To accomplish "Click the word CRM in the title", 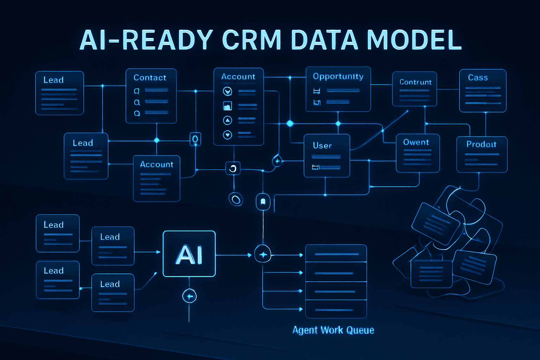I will coord(252,40).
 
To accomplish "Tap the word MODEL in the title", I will coord(414,40).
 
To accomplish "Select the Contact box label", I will coord(150,78).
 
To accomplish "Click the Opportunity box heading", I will coord(338,77).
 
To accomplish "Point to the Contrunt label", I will coord(415,82).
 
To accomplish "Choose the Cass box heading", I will coord(478,78).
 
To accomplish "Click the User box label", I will coord(322,146).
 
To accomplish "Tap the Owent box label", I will coord(416,142).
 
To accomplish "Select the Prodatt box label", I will coord(481,144).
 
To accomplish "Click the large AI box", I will coord(189,254).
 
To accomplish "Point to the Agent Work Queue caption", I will coord(333,330).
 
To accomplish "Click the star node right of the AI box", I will coord(263,255).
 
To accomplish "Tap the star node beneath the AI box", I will coord(189,296).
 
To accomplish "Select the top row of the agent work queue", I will coord(336,253).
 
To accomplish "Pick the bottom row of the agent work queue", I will coord(336,309).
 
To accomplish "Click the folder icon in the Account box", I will coord(227,105).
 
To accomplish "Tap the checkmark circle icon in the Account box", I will coord(227,92).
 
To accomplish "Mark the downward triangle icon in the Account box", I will coord(227,135).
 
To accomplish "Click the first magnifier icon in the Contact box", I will coord(137,91).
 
